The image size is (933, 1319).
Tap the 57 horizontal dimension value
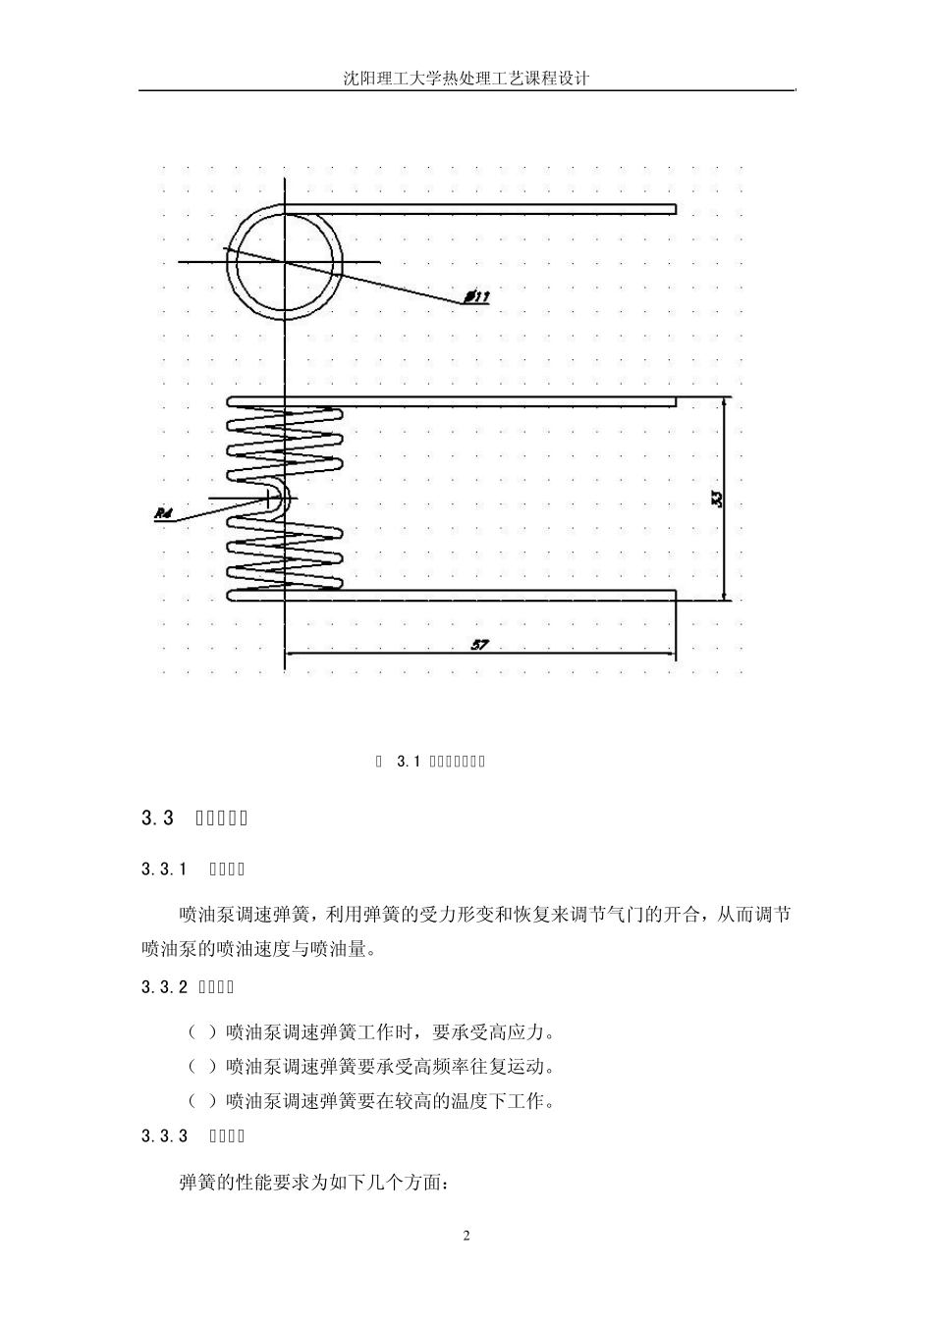(480, 644)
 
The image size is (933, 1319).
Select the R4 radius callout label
(164, 512)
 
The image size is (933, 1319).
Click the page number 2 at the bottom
(466, 1236)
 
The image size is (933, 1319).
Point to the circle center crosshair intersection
(285, 262)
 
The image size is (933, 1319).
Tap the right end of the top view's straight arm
(674, 208)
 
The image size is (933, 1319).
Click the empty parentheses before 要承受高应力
(201, 1031)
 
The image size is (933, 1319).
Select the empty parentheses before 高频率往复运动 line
(201, 1066)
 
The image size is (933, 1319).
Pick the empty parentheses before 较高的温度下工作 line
(201, 1100)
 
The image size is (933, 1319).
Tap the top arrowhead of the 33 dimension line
(724, 402)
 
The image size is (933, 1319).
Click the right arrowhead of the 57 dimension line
(670, 653)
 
